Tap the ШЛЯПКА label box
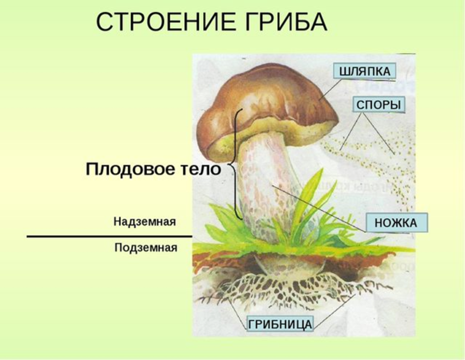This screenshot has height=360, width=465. pos(365,71)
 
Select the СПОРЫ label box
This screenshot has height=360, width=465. pos(379,104)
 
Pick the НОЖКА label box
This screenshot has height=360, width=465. pos(396,222)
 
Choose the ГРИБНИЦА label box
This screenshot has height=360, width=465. pos(280,324)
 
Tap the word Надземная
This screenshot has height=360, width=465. pos(145,222)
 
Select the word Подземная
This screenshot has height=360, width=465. pos(146,248)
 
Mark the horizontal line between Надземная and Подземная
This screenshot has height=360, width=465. pos(110,237)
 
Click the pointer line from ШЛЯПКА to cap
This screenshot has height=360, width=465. pos(330,90)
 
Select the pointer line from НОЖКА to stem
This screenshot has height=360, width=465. pos(319,208)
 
